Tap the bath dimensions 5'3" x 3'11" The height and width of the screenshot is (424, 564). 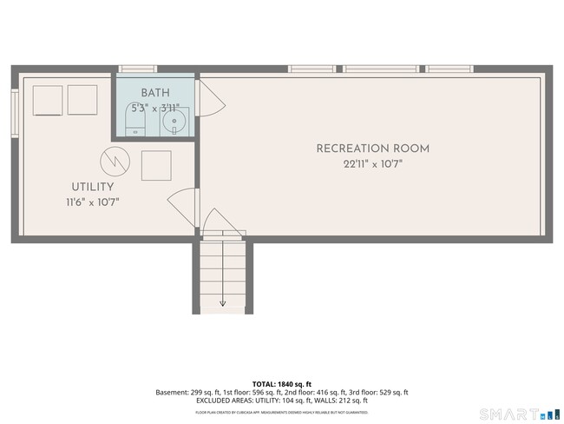tap(155, 109)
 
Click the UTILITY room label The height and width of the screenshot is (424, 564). tap(92, 187)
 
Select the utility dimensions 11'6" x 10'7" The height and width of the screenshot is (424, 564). tap(92, 202)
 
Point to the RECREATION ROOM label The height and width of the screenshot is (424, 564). tap(372, 149)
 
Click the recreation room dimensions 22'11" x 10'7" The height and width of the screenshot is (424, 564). tap(372, 163)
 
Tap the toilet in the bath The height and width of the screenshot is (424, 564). tap(134, 127)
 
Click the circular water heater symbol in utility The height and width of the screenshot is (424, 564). tap(114, 160)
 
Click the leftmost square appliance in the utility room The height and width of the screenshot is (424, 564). tap(48, 100)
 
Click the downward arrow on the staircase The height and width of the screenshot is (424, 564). tap(222, 302)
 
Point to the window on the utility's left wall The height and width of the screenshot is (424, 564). tap(15, 111)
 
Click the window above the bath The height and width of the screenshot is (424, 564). tap(137, 69)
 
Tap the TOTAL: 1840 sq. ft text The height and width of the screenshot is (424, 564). tap(282, 383)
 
